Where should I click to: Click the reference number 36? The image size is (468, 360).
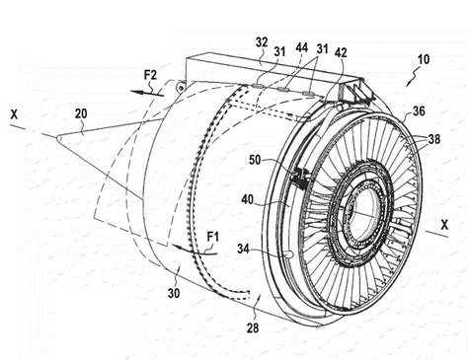[x=419, y=111]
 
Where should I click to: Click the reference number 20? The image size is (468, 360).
[x=79, y=113]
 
